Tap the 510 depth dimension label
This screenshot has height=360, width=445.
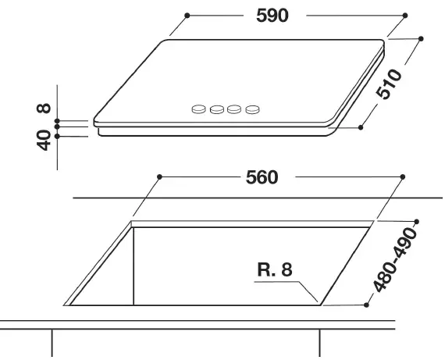coord(390,84)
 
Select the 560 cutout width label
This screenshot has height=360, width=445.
coord(262,177)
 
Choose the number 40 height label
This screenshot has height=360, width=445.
coord(44,141)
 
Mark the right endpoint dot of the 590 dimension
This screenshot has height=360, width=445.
coord(406,15)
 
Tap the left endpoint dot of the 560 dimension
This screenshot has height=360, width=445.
coord(159,176)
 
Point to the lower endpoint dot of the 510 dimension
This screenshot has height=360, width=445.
coord(362,126)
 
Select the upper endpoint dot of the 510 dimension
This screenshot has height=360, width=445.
coord(421,37)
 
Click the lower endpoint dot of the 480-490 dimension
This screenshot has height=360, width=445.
coord(367,305)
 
